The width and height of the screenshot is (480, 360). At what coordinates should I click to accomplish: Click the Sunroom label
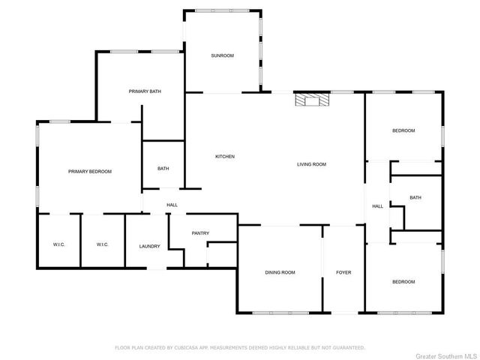click(222, 55)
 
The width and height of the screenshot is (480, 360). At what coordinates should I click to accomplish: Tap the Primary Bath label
click(145, 91)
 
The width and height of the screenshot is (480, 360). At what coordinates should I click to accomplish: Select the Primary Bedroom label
click(90, 172)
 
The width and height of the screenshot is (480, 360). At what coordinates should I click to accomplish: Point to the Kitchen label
click(225, 157)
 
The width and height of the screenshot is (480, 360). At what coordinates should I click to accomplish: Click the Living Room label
click(311, 164)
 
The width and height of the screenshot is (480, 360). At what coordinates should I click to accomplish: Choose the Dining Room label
click(280, 272)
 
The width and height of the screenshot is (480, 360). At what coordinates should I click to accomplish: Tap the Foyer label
click(343, 272)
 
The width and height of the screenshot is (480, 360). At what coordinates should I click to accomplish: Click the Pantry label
click(200, 233)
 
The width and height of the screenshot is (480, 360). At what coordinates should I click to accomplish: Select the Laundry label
click(149, 246)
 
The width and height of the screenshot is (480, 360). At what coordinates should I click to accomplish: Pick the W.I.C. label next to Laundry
click(103, 244)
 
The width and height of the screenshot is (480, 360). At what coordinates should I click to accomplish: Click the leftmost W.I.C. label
click(59, 244)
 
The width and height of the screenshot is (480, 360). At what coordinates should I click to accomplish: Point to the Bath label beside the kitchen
click(163, 169)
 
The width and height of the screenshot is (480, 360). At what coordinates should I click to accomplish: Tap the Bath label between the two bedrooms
click(415, 197)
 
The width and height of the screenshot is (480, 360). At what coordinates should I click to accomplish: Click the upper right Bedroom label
click(403, 130)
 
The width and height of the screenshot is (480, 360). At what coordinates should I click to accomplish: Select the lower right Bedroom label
click(403, 281)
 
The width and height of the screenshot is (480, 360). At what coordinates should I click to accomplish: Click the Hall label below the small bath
click(172, 205)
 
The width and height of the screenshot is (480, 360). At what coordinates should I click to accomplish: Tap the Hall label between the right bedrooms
click(378, 206)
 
